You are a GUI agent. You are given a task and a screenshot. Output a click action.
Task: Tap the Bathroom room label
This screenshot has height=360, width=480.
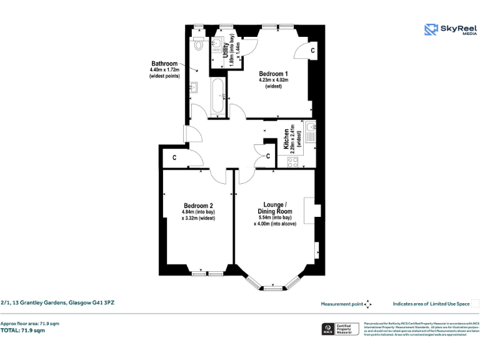pos(164,64)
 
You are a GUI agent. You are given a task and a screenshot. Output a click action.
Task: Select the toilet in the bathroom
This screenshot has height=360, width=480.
pos(198,43)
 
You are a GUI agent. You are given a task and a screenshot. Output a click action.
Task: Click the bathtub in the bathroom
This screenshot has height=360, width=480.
pos(218,97)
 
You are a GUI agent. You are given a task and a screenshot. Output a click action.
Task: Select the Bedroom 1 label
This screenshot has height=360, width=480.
pos(273,73)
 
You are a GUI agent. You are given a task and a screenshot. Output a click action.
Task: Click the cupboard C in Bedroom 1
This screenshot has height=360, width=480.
pos(312,49)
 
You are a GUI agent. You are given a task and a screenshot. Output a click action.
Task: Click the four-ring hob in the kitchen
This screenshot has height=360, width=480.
pos(293,161)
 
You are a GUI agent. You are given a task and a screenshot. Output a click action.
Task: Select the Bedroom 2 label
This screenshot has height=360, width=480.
pos(198,206)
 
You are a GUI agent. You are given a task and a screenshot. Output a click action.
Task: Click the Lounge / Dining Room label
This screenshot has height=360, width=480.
pos(275,208)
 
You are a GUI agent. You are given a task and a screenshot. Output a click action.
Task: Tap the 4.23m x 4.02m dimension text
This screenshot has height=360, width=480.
pos(273,80)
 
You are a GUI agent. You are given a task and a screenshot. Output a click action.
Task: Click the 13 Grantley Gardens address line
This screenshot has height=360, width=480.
pos(57,303)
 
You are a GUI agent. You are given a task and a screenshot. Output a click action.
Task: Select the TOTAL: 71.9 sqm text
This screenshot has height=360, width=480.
pos(22,330)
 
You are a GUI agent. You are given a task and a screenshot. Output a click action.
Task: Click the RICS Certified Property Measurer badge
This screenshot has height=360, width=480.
pos(341,329)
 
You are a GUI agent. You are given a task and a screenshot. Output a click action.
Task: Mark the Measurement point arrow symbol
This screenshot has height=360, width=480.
pos(368,304)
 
